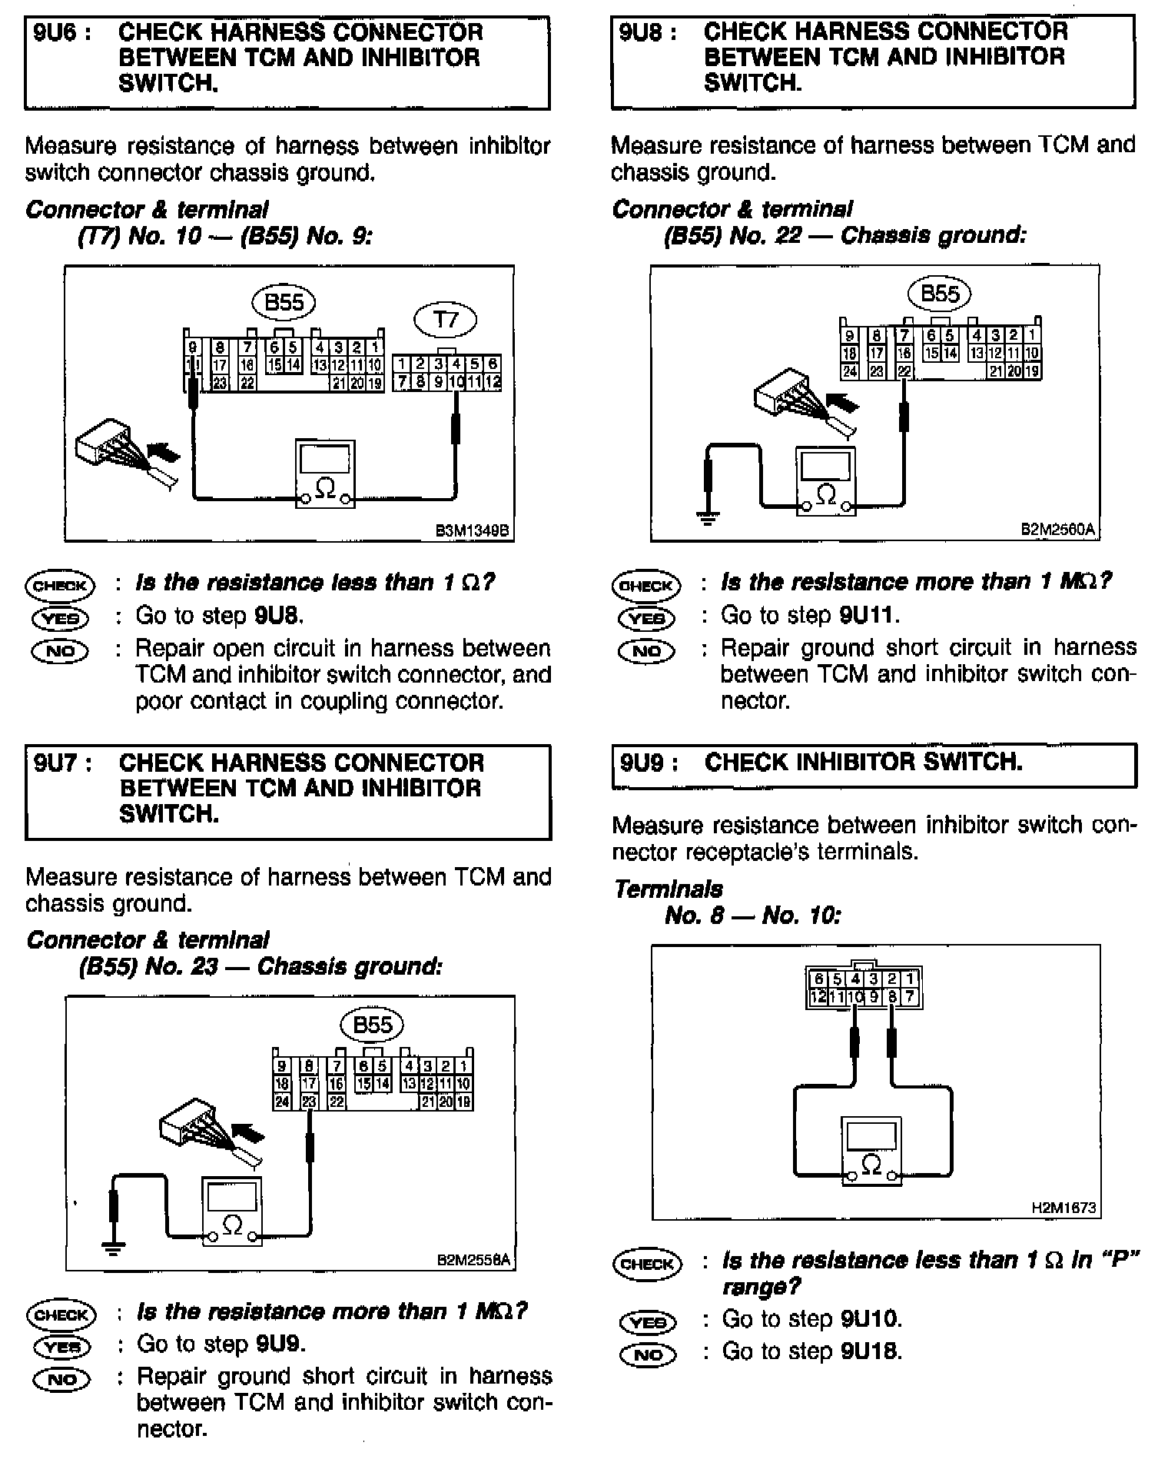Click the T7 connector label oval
445,319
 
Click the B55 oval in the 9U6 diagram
284,302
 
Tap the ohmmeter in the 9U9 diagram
871,1152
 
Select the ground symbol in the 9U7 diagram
114,1248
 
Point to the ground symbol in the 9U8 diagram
708,518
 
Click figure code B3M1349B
472,530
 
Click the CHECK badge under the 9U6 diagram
60,585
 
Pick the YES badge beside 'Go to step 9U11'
646,617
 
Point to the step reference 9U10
869,1319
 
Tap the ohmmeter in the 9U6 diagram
325,474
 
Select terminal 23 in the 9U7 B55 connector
309,1102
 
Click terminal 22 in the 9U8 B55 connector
904,371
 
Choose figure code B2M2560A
1057,530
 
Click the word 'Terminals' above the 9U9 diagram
668,889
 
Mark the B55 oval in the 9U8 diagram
939,294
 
